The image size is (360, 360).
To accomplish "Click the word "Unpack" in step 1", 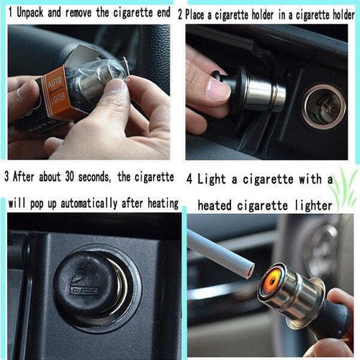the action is pos(30,12).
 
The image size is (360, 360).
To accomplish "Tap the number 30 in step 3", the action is pos(69,176).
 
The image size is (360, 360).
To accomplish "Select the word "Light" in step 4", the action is pos(212,179).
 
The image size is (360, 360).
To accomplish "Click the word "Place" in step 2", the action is pos(195,15).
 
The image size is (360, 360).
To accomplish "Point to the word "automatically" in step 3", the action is pos(89,204).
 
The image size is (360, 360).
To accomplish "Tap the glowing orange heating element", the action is pos(271,281).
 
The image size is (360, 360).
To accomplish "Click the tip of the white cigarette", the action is pos(250,271).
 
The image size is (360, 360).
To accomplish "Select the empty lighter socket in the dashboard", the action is pos(323,107).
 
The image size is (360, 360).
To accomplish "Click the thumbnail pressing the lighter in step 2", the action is pos(218,89).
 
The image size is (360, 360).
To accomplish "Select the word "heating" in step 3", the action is pos(163,204).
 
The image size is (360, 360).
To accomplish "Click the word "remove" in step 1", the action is pos(78,13).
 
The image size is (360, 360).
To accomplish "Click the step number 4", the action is pos(189,179).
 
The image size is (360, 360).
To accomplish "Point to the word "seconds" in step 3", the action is pos(94,177).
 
